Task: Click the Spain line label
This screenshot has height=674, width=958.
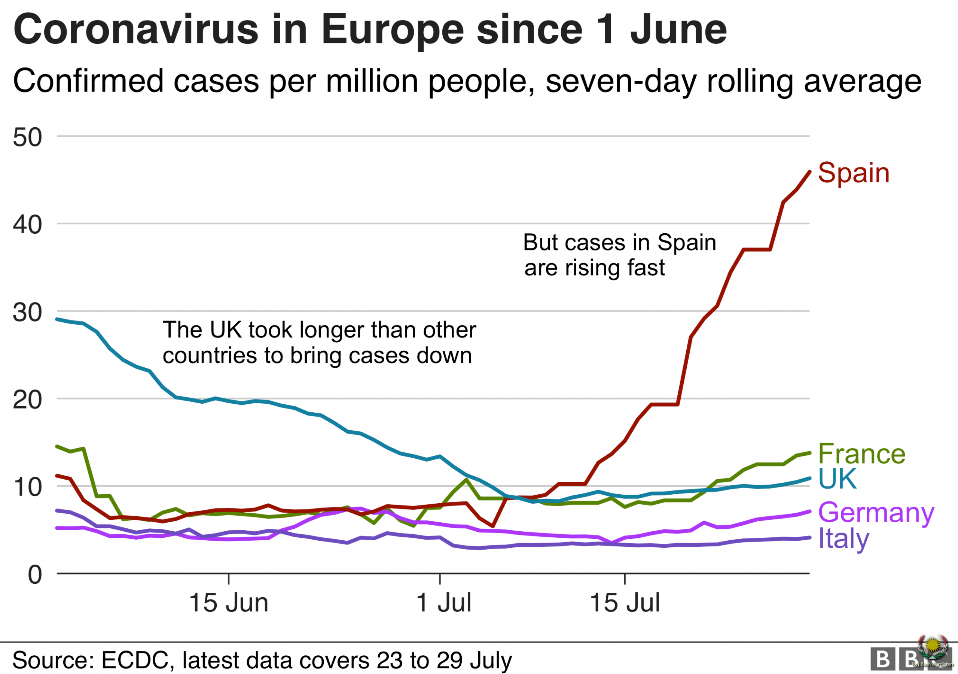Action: point(853,173)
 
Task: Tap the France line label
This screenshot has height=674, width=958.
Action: point(861,454)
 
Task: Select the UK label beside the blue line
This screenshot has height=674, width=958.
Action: point(837,479)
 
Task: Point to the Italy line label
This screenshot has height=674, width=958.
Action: point(843,539)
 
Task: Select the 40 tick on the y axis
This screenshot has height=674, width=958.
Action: point(28,225)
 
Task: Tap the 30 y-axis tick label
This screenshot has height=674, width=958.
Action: point(28,312)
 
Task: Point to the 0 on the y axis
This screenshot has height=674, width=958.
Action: point(35,575)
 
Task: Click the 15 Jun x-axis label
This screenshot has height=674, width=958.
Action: point(228,603)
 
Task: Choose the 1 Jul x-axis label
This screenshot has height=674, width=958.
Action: point(443,603)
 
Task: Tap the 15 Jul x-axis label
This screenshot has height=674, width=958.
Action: point(625,603)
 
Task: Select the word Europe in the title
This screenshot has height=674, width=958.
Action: point(392,30)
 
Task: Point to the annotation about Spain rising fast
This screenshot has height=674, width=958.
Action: point(619,255)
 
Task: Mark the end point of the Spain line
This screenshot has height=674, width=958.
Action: point(809,171)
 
